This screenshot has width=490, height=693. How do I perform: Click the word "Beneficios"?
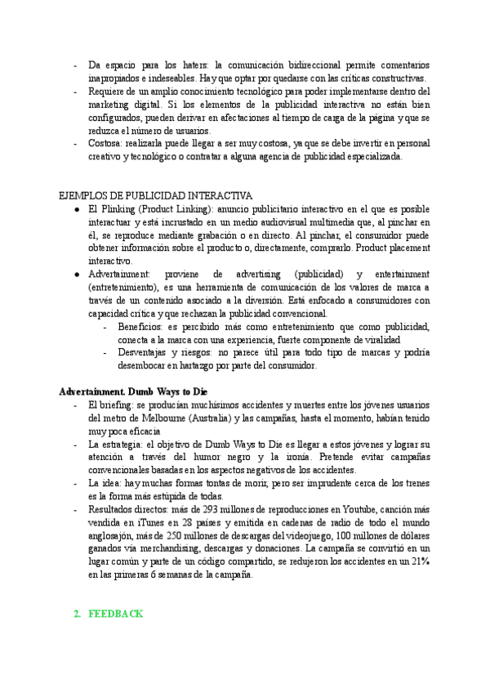141,327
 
